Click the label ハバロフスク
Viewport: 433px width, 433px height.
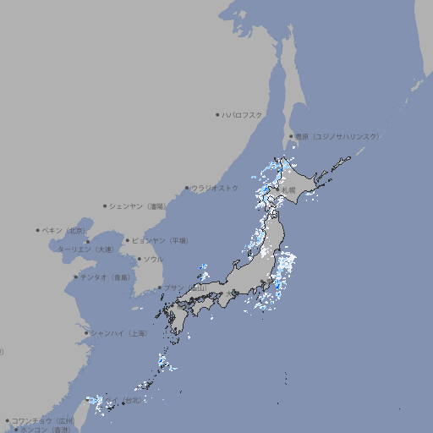(243, 114)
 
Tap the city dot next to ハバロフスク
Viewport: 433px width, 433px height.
(217, 114)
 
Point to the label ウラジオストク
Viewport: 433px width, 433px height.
(215, 188)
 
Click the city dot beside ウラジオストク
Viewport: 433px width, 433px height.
(187, 188)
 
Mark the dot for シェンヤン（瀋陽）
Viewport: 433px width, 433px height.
(106, 206)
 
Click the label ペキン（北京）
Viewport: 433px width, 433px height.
(63, 230)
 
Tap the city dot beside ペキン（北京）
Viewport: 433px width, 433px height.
(38, 230)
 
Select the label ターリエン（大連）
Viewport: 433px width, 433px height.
(85, 249)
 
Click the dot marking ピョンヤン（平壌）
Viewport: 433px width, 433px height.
(129, 240)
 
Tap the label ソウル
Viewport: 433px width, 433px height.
(153, 259)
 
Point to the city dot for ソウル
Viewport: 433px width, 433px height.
(140, 259)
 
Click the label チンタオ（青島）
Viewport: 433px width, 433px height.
(105, 277)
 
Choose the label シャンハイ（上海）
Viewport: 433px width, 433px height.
(118, 333)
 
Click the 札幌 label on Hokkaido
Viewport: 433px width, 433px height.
(289, 189)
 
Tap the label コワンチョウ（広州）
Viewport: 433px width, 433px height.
(42, 420)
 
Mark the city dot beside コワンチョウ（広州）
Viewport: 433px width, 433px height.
(8, 420)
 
